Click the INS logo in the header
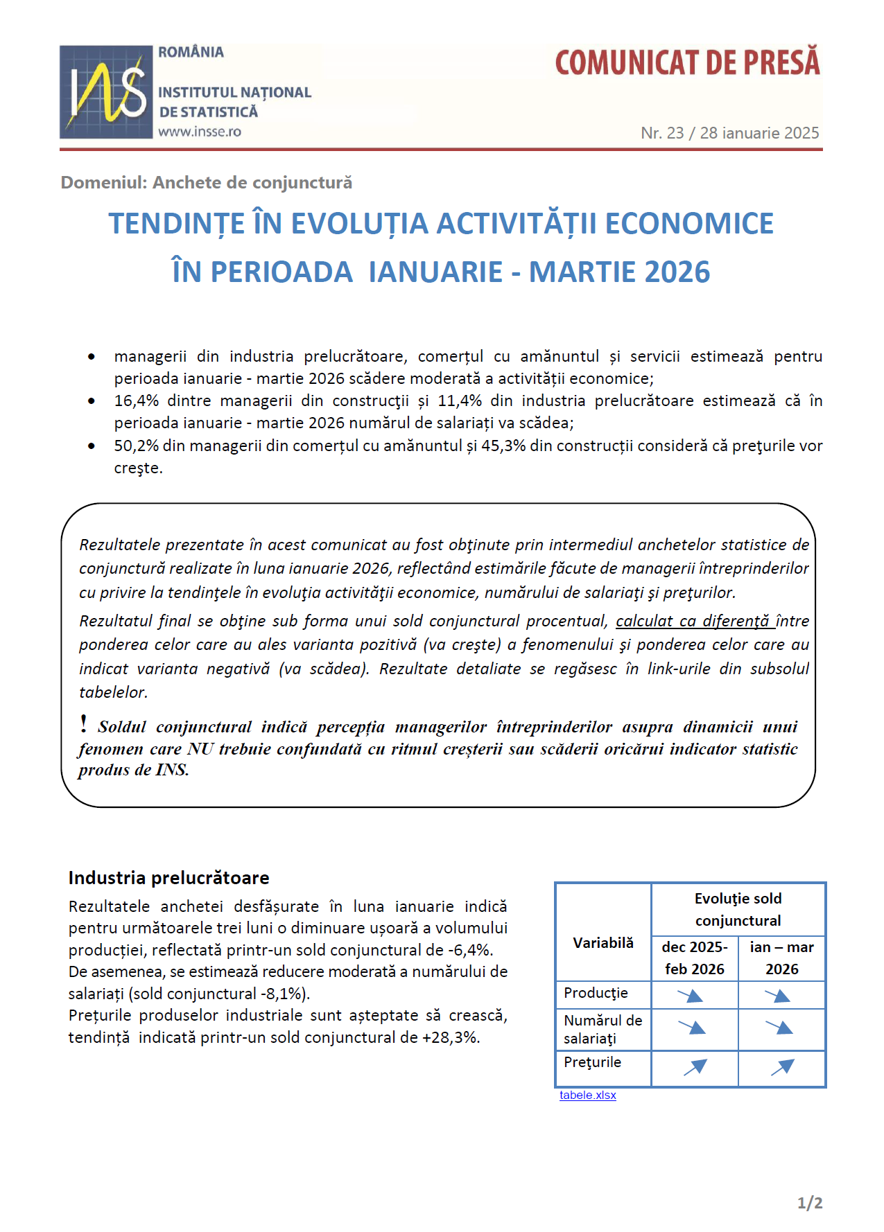pyautogui.click(x=106, y=92)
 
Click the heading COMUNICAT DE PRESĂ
pyautogui.click(x=687, y=62)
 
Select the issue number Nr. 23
pyautogui.click(x=662, y=133)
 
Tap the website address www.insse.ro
pyautogui.click(x=200, y=132)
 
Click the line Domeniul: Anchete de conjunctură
pyautogui.click(x=207, y=182)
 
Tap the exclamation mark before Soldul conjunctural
pyautogui.click(x=84, y=724)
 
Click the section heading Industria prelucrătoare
pyautogui.click(x=168, y=878)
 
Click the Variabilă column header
pyautogui.click(x=603, y=943)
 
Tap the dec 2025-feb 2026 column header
pyautogui.click(x=694, y=958)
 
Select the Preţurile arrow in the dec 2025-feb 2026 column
pyautogui.click(x=695, y=1068)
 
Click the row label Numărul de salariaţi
pyautogui.click(x=603, y=1029)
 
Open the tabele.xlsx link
pyautogui.click(x=587, y=1095)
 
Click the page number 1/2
pyautogui.click(x=810, y=1203)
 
